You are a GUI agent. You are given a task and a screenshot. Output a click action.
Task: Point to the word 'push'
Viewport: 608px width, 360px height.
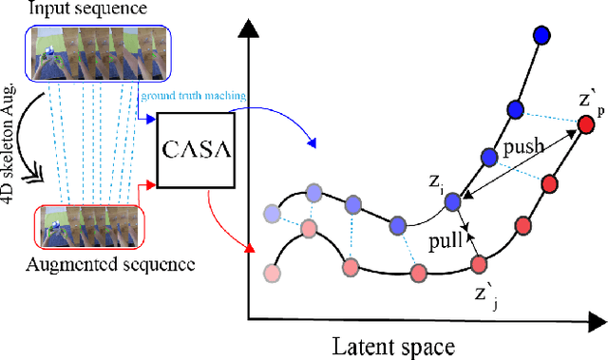click(523, 148)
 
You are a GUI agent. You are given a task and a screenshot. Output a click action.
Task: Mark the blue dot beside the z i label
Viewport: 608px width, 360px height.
click(454, 200)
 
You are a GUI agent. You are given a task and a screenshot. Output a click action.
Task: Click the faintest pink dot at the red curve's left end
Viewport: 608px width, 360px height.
click(274, 275)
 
